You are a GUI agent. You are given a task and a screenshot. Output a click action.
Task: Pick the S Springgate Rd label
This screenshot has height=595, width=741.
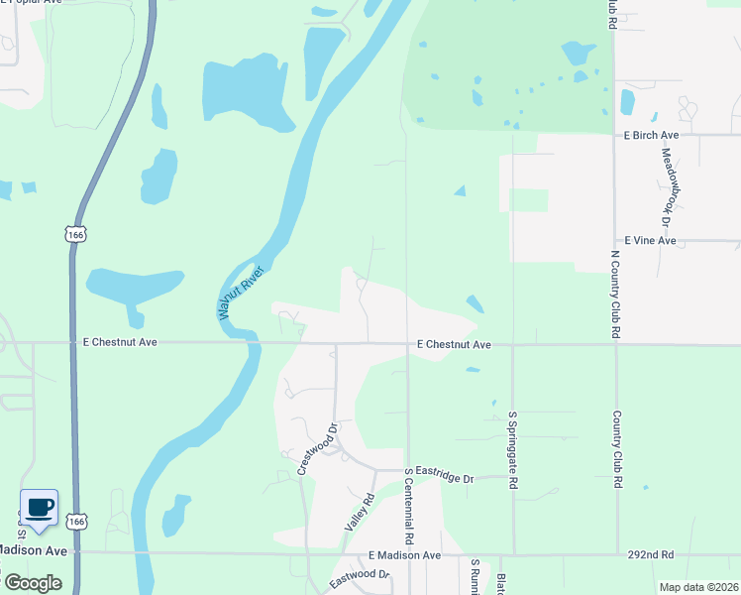[x=513, y=449]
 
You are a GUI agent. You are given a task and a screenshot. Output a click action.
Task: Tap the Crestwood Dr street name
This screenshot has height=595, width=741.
[x=318, y=449]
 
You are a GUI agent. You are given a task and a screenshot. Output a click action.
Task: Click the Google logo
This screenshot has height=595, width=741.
[x=33, y=583]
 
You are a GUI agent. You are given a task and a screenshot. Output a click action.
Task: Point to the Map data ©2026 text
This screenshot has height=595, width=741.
[x=697, y=587]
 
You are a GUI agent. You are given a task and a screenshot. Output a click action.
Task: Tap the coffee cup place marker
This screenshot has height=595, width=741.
[x=39, y=508]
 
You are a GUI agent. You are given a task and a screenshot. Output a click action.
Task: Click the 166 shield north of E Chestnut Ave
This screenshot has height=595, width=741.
[x=76, y=234]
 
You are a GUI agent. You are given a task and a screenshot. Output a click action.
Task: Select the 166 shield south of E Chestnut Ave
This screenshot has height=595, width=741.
[x=76, y=520]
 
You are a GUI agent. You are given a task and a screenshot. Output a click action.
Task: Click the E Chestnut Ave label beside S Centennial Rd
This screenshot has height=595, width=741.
[x=454, y=345]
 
